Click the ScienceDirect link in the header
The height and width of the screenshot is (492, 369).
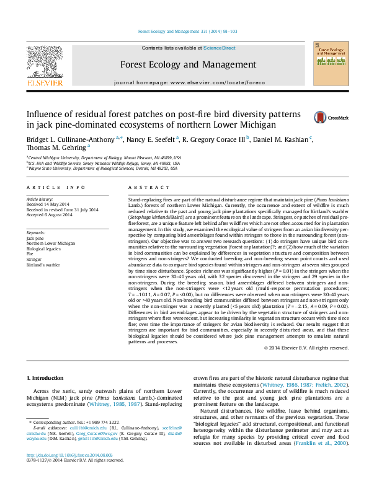[220, 48]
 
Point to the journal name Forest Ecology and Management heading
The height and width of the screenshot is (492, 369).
[184, 64]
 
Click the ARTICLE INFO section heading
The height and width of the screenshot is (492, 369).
[56, 187]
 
